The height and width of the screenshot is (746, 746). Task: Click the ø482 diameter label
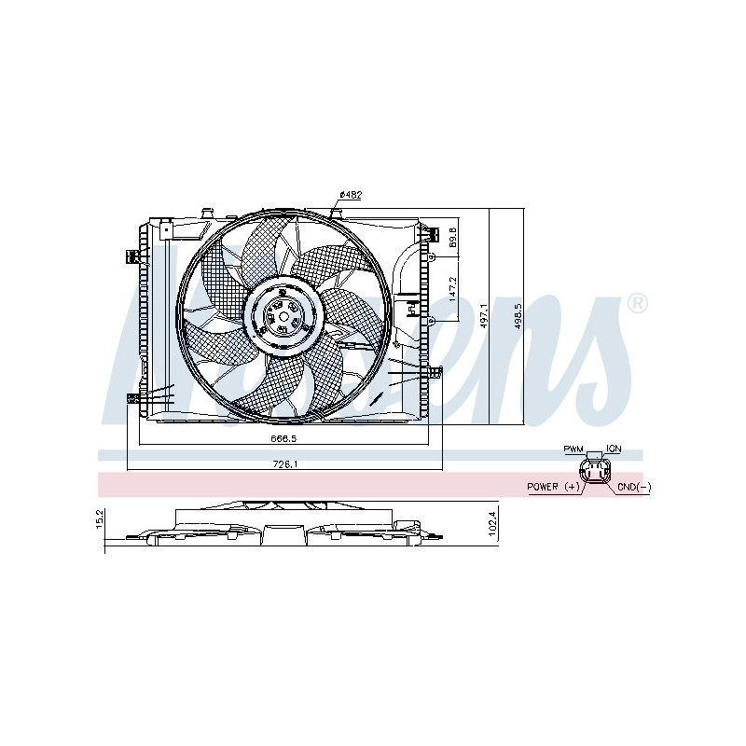coord(351,194)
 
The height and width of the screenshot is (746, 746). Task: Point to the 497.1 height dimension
coord(484,314)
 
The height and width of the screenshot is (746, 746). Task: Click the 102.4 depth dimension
coord(490,527)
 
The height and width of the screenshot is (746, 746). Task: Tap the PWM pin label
coord(573,449)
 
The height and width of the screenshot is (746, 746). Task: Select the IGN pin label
coord(613,449)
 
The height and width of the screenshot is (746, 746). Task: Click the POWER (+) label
coord(554,487)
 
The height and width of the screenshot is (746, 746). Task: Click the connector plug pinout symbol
coord(593,472)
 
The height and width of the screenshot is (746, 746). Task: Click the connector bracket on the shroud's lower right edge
coord(435,372)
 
